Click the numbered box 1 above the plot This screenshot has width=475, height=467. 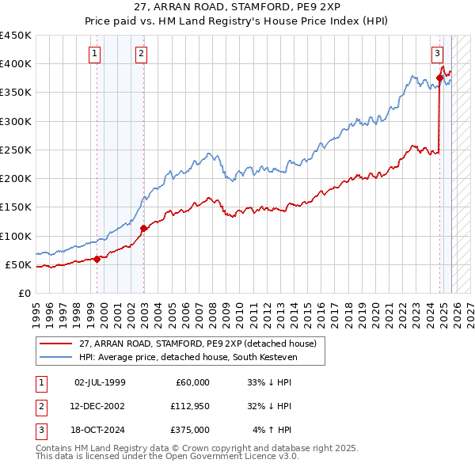click(94, 54)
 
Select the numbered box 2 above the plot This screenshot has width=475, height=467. click(141, 54)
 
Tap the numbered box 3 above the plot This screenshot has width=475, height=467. click(437, 54)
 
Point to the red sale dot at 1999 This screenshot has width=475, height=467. click(97, 259)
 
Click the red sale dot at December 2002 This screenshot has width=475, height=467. click(143, 229)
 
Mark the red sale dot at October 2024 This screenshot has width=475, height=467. click(439, 78)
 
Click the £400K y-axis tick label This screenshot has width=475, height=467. click(16, 64)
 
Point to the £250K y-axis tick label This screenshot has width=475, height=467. click(16, 150)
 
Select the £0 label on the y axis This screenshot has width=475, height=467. click(24, 293)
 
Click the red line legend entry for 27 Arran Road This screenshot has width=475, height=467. click(198, 344)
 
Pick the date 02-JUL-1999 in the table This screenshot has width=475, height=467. click(100, 382)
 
